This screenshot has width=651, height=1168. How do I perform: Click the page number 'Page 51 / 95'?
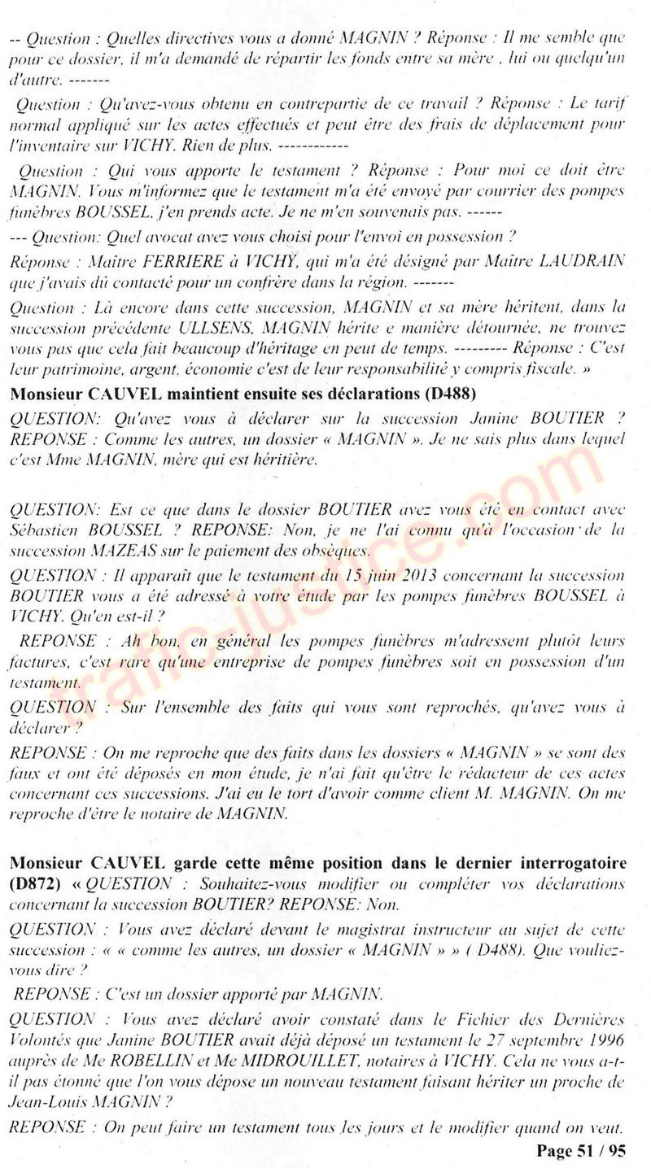click(x=581, y=1150)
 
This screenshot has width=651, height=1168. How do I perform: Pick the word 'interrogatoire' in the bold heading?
click(x=574, y=861)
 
